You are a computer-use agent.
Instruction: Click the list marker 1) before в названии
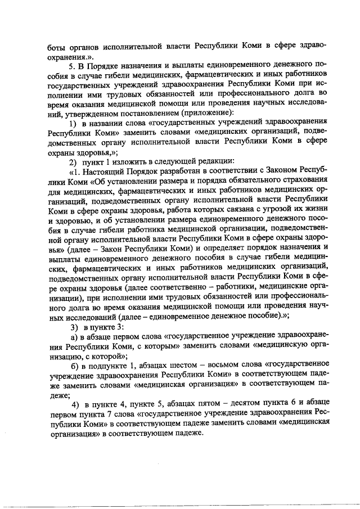click(x=73, y=124)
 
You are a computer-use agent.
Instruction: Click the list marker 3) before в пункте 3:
click(x=73, y=326)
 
